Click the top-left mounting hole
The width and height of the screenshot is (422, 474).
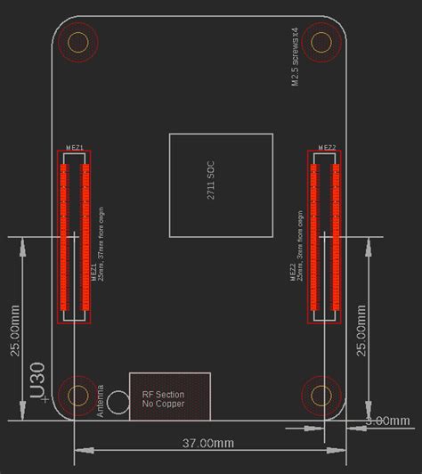[x=78, y=41]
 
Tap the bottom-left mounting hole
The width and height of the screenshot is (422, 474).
[x=78, y=395]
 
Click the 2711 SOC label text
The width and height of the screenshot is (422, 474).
[x=211, y=180]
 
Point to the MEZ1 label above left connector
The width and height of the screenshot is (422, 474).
[x=75, y=147]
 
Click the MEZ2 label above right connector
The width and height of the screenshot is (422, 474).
[x=326, y=147]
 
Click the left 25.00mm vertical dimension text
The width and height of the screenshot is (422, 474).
[x=15, y=331]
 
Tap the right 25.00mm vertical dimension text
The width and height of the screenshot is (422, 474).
[x=361, y=331]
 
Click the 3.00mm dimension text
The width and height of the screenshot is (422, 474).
[x=386, y=421]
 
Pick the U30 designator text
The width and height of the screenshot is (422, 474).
[x=37, y=380]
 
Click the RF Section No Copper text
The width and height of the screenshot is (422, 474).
[x=163, y=399]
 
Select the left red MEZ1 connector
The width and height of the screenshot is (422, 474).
[x=75, y=236]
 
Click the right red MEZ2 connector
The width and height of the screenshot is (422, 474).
[x=325, y=236]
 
